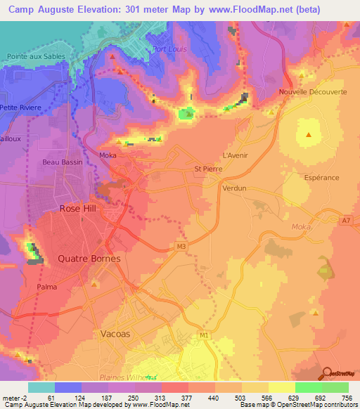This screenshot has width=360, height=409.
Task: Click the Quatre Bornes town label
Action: point(89,259)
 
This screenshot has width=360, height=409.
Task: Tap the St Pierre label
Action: point(207,169)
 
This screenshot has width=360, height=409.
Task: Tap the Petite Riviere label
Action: point(21,108)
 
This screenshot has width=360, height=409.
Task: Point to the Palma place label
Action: point(47,287)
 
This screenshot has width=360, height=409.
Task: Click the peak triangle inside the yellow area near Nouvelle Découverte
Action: point(308,134)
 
